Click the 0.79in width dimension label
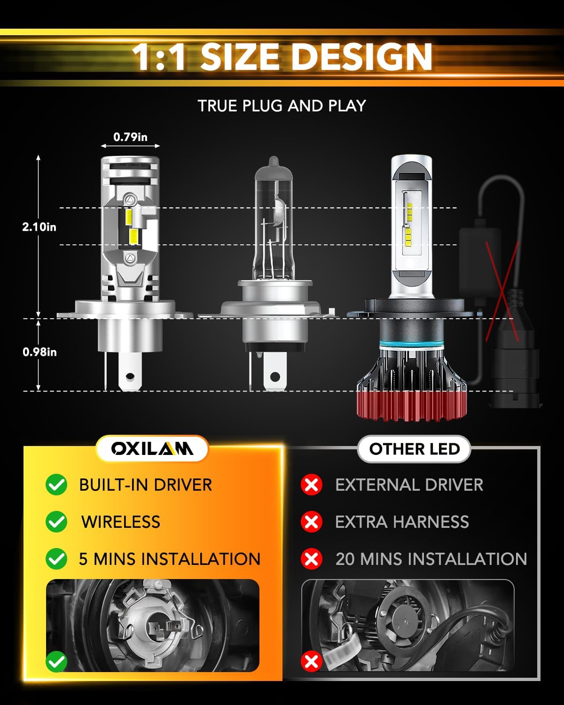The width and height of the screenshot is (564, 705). (130, 137)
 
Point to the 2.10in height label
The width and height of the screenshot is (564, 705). (39, 227)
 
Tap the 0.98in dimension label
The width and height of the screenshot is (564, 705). (39, 352)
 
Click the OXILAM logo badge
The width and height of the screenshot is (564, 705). (152, 449)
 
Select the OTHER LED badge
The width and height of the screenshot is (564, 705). (414, 449)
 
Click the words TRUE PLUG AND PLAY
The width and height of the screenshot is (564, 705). (282, 106)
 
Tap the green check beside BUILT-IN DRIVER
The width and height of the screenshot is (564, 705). (56, 485)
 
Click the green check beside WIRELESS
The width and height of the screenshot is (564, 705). (56, 522)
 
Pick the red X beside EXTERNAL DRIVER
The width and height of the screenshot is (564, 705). (311, 485)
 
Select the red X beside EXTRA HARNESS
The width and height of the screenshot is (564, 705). (311, 522)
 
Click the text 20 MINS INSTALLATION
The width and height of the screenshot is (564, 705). (431, 559)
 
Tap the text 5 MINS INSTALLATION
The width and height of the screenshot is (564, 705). (170, 559)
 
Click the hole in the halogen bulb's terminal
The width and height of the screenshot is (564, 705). (274, 376)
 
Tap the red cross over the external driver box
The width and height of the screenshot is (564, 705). (502, 291)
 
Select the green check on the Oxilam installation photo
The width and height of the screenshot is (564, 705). (56, 662)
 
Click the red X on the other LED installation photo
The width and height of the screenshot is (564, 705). (311, 662)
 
